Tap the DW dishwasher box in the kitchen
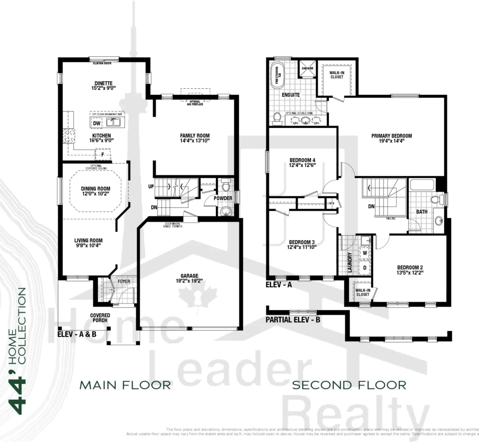pyautogui.click(x=96, y=123)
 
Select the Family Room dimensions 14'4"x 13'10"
pyautogui.click(x=195, y=141)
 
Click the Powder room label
pyautogui.click(x=223, y=198)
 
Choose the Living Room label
pyautogui.click(x=88, y=240)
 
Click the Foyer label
pyautogui.click(x=124, y=282)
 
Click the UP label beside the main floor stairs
pyautogui.click(x=151, y=186)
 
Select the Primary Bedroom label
pyautogui.click(x=391, y=136)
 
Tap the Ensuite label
pyautogui.click(x=290, y=95)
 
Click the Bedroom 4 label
pyautogui.click(x=302, y=160)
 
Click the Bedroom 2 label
pyautogui.click(x=410, y=267)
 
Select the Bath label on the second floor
pyautogui.click(x=421, y=211)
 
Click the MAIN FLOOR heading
pyautogui.click(x=125, y=385)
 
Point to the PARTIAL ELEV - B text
pyautogui.click(x=293, y=320)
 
